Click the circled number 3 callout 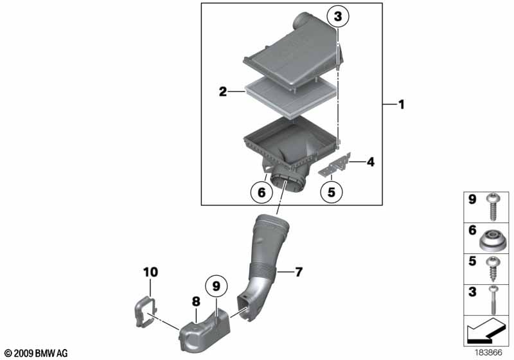click(338, 17)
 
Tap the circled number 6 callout click(261, 192)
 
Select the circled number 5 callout click(332, 192)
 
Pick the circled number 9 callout click(217, 286)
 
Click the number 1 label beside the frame click(401, 105)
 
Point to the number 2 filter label click(223, 91)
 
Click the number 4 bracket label click(371, 161)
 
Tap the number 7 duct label click(298, 272)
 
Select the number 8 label click(196, 301)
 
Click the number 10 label click(150, 272)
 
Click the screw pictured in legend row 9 click(492, 207)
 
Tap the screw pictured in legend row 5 click(492, 269)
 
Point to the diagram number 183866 click(488, 353)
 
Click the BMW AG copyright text click(37, 354)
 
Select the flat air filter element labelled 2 click(291, 95)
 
